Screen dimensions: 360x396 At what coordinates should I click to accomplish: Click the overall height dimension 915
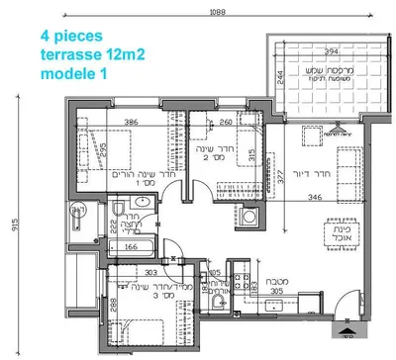click(x=15, y=224)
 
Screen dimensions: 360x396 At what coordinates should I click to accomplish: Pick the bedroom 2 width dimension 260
click(x=225, y=124)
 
